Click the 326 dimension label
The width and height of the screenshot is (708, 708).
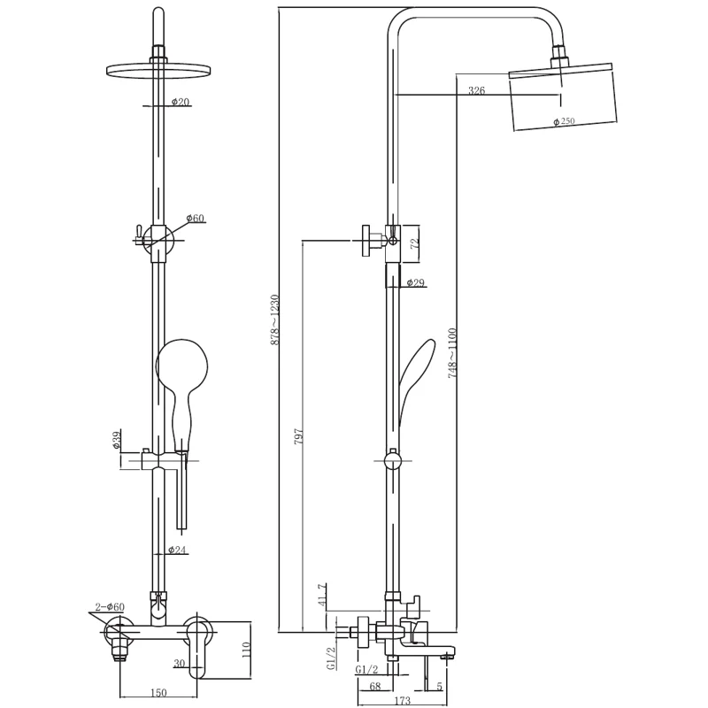click(x=476, y=90)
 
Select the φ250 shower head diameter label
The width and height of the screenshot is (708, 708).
click(x=564, y=121)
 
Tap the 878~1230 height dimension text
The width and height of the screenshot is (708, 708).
click(x=275, y=320)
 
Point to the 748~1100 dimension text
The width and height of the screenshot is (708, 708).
click(x=453, y=352)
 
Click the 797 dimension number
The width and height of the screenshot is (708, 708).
click(x=299, y=436)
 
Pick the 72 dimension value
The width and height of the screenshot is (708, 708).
click(x=415, y=242)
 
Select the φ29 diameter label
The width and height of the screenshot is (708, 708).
click(x=415, y=282)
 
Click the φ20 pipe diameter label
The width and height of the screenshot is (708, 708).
click(x=181, y=102)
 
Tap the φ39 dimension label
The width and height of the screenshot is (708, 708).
click(x=117, y=440)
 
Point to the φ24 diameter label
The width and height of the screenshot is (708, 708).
click(x=177, y=550)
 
